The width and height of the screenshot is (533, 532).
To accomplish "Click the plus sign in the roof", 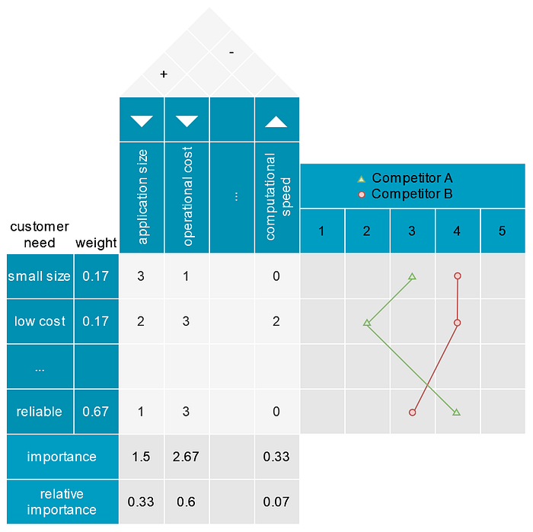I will tap(163, 75).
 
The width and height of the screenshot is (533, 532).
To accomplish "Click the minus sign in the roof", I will tap(231, 53).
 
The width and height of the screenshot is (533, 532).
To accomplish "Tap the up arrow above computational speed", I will tap(276, 121).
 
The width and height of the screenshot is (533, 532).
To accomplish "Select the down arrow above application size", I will tap(142, 121).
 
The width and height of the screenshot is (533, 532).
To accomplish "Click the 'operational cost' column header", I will tap(187, 196).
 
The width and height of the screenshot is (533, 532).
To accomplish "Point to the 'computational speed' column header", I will tap(278, 196).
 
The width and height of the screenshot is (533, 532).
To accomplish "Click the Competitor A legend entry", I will tap(405, 178).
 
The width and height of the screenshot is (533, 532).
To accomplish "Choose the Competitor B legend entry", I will tap(405, 193).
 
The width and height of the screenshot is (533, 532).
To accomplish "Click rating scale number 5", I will tap(502, 231).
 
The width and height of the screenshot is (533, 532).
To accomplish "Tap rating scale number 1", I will tap(322, 231).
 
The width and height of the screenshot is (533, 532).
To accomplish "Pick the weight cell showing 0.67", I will tap(96, 412).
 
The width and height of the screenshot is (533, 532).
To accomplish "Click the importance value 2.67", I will tap(187, 457).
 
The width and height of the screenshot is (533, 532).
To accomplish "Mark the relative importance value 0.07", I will tap(276, 502).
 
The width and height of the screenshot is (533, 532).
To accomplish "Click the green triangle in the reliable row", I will tap(457, 413).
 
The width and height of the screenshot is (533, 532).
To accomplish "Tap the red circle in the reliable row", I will tap(412, 413).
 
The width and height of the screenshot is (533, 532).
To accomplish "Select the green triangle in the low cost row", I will tap(367, 323).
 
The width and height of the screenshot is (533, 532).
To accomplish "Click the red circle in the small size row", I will tap(457, 276).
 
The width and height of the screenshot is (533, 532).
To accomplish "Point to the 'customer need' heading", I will tap(40, 234).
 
